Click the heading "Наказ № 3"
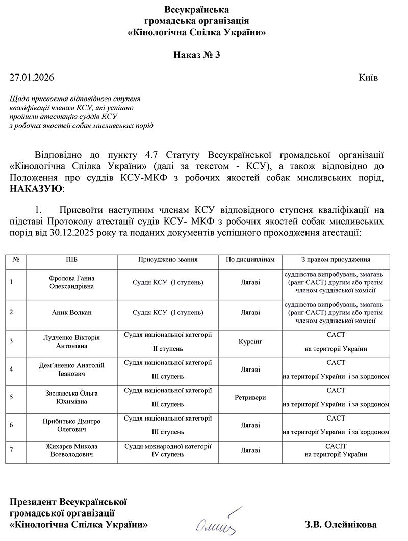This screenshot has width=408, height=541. click(x=196, y=55)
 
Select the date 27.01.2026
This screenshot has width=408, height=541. click(x=31, y=78)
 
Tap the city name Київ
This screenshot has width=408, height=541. click(x=368, y=78)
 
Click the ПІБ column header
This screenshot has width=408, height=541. click(x=72, y=260)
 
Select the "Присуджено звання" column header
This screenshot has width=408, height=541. click(x=168, y=260)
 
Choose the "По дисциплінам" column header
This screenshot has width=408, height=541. click(x=250, y=260)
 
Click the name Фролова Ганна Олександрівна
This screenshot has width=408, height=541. click(x=72, y=282)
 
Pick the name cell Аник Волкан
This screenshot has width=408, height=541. click(x=72, y=312)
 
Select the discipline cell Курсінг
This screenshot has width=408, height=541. click(x=250, y=340)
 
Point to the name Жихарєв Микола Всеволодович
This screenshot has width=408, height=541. click(x=72, y=450)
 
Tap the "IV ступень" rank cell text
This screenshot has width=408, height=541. click(x=168, y=454)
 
